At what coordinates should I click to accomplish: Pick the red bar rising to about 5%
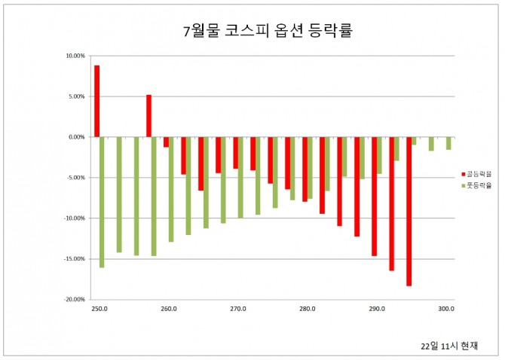(148, 116)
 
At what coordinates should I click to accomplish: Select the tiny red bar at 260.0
(166, 142)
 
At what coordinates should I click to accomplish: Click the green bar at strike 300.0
(448, 143)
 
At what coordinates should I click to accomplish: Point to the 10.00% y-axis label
(76, 56)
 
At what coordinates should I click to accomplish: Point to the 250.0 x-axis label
(99, 309)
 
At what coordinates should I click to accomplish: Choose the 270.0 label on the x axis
(238, 309)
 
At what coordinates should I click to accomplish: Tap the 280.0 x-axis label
(308, 309)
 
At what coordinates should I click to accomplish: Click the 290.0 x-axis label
(377, 309)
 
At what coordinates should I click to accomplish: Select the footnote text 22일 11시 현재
(449, 346)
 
